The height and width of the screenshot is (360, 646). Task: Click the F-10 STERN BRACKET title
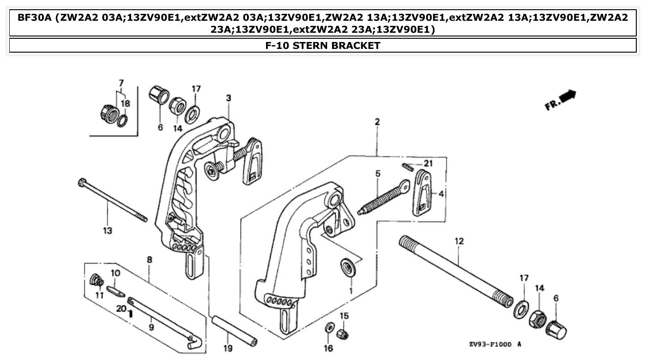point(323,45)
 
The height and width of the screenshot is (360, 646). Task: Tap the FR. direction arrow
point(561,100)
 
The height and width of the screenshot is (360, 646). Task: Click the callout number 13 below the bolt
point(107,230)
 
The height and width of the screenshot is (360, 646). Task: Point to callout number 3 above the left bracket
point(229,98)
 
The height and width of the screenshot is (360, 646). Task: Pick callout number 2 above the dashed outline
point(377,122)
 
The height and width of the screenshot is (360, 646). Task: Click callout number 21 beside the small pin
point(429,163)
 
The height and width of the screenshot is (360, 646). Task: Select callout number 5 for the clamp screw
point(378,174)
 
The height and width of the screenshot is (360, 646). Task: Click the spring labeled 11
point(96,280)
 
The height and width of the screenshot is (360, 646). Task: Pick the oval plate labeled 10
point(116,291)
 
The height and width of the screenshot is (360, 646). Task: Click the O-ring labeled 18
point(122,121)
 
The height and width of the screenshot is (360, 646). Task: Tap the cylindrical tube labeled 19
point(234,330)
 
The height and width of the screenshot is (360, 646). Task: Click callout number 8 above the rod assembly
point(149,260)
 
